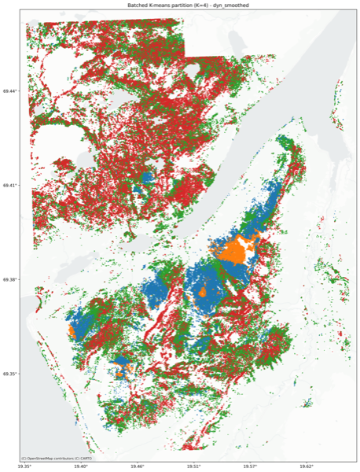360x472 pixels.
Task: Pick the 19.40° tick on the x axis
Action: click(x=82, y=467)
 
